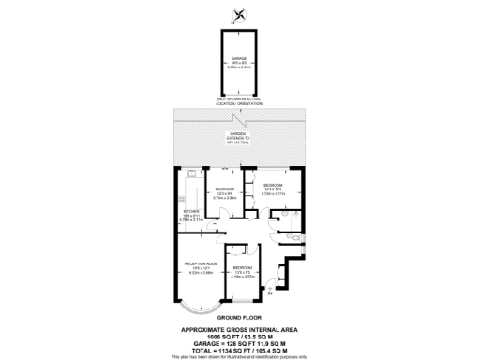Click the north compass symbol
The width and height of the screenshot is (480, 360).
(x=242, y=12)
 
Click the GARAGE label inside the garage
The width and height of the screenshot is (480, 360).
(x=240, y=58)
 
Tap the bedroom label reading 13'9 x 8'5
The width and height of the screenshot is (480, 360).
(x=243, y=274)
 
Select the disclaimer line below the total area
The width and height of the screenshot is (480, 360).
(x=241, y=356)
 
